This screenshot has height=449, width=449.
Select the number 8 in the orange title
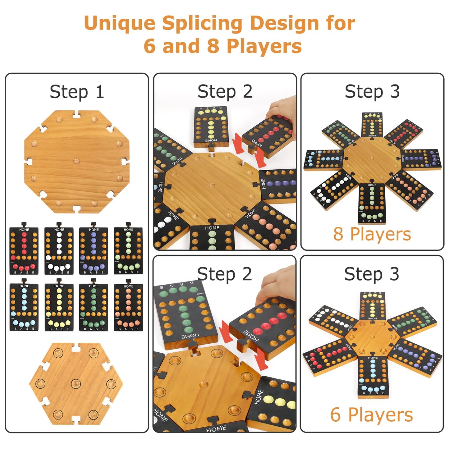coord(213,46)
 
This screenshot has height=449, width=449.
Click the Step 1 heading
coord(77,92)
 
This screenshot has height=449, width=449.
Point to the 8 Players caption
coord(372,234)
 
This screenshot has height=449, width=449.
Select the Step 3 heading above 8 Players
coord(372,92)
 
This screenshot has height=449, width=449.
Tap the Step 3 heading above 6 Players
coord(372,274)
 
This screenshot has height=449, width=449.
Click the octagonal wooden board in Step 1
coord(77,162)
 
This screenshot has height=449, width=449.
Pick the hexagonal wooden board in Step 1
coord(76,384)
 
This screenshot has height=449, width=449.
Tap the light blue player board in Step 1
coord(24,307)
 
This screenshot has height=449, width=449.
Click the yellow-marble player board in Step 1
coord(59,307)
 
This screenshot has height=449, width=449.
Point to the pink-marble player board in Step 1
coord(128,307)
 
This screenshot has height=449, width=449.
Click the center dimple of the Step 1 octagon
coord(76,161)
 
